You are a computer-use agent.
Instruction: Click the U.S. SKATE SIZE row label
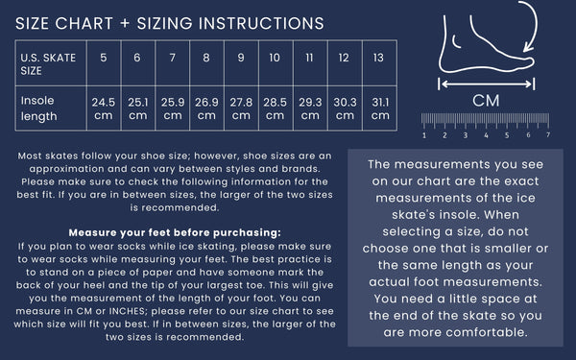[x=48, y=64]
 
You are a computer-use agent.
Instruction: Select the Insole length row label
[x=39, y=108]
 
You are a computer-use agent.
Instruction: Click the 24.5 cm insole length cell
[x=104, y=108]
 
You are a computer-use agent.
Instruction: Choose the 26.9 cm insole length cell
[x=206, y=108]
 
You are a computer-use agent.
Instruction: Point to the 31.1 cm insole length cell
[x=380, y=108]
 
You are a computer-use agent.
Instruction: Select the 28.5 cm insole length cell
[x=276, y=108]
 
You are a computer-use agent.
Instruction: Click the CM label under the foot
[x=486, y=101]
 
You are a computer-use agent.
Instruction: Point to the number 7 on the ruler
[x=548, y=134]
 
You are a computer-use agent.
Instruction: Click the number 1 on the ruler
[x=424, y=135]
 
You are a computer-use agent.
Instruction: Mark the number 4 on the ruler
[x=486, y=135]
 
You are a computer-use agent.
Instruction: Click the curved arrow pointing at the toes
[x=536, y=23]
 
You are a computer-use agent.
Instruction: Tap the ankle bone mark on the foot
[x=456, y=42]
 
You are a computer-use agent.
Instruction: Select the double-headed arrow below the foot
[x=487, y=84]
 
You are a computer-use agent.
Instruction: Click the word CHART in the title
[x=84, y=23]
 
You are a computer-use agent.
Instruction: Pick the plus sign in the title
[x=125, y=23]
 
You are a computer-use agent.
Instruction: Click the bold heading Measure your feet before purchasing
[x=175, y=232]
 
